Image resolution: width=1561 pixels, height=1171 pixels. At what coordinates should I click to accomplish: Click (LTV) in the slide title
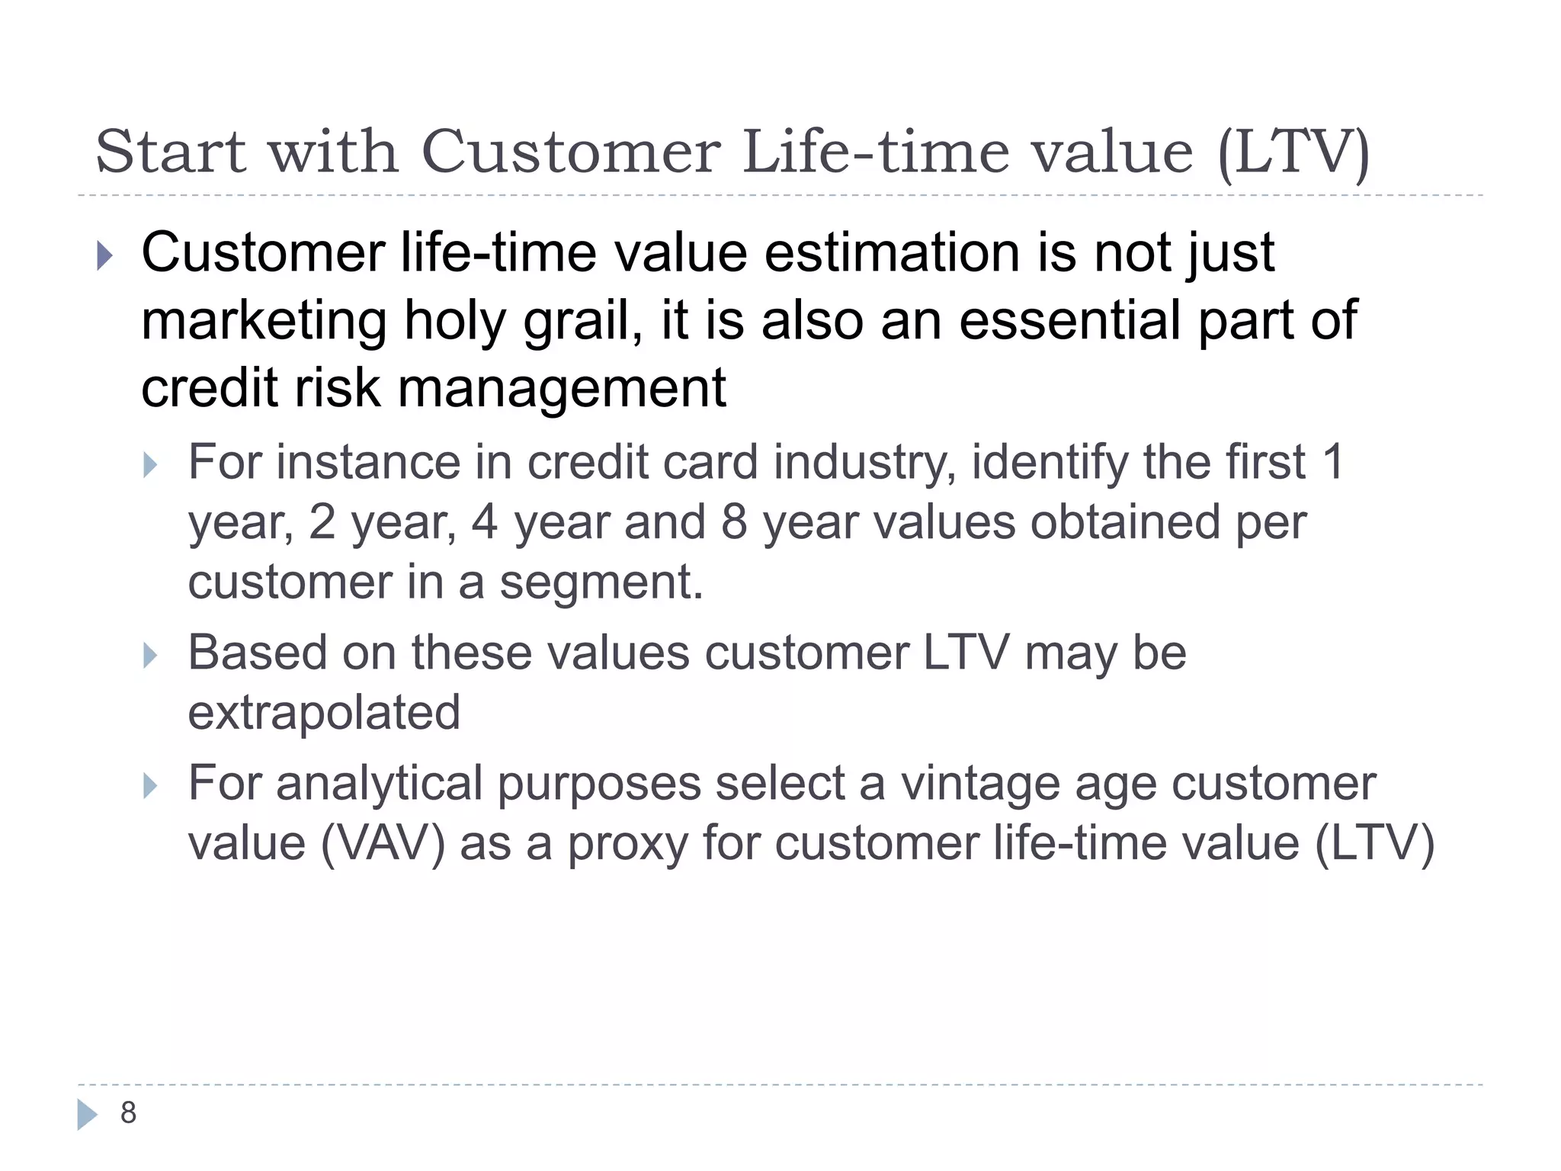pos(1293,153)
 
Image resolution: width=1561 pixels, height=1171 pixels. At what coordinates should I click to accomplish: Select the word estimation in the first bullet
pos(892,253)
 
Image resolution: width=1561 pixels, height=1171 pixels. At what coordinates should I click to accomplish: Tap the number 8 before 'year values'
pos(734,523)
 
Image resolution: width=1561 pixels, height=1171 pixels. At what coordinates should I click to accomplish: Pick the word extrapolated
pos(324,713)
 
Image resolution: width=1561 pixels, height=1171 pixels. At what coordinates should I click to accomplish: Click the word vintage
pos(980,784)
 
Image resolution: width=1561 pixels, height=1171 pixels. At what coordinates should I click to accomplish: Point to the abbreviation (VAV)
pos(383,844)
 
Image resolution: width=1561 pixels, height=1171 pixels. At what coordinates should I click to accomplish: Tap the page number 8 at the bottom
pos(128,1113)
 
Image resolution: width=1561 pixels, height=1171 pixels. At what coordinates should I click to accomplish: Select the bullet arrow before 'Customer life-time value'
pos(105,256)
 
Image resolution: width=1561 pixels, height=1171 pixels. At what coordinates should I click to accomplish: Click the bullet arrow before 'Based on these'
pos(150,656)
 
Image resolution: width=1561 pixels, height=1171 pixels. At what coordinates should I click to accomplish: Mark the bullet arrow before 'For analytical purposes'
pos(150,786)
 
